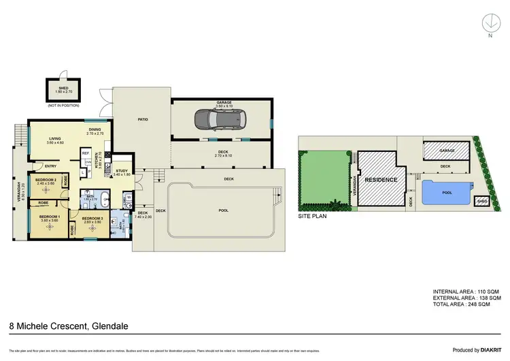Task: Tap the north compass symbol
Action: [x=490, y=24]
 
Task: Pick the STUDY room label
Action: [x=122, y=171]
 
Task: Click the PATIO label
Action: [x=143, y=120]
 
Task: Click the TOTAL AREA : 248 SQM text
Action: [x=466, y=304]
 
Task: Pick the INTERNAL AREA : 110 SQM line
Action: [x=466, y=292]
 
